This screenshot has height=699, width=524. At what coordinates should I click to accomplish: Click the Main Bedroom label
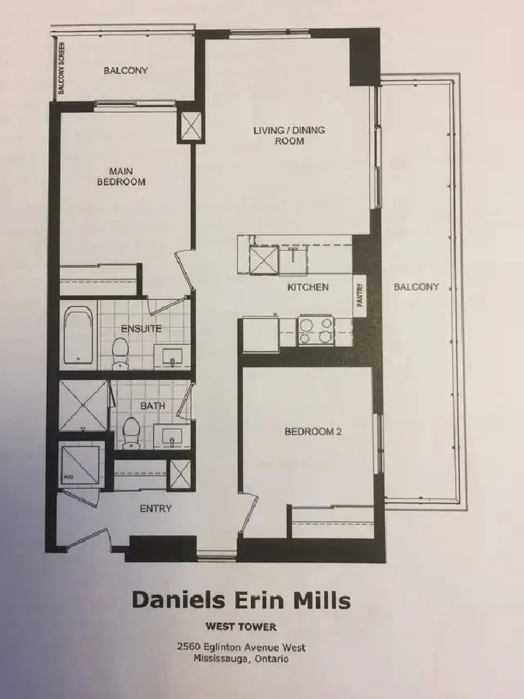coord(121,176)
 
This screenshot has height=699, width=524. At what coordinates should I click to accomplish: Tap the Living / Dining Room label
coord(289,135)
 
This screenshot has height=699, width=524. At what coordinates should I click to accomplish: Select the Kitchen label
coord(308,287)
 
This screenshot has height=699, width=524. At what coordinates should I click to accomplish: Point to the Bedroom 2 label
coord(312,432)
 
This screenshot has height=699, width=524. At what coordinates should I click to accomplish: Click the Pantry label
coord(360,295)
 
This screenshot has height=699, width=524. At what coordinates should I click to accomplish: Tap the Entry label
coord(155,509)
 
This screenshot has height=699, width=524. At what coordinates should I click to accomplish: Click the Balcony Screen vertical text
coord(61,68)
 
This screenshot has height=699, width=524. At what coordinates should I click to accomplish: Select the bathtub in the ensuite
coord(78,334)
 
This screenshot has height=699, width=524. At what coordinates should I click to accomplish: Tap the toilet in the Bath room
coord(131,433)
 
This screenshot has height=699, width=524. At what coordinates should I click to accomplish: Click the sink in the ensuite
coord(173,356)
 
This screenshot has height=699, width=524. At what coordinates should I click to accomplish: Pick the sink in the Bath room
coord(172,436)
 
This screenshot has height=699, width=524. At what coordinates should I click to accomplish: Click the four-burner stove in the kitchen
coord(316,330)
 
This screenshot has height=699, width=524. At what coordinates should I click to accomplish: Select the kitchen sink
coord(293,258)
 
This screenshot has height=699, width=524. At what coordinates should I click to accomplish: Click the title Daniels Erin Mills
coord(241,600)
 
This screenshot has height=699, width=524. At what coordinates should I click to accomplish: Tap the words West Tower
coord(241,627)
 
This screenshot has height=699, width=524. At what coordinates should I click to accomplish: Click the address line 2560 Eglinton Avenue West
coord(241,647)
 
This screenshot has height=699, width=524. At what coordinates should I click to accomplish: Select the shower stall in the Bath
coord(83,405)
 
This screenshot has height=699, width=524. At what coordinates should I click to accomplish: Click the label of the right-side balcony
coord(416,287)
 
